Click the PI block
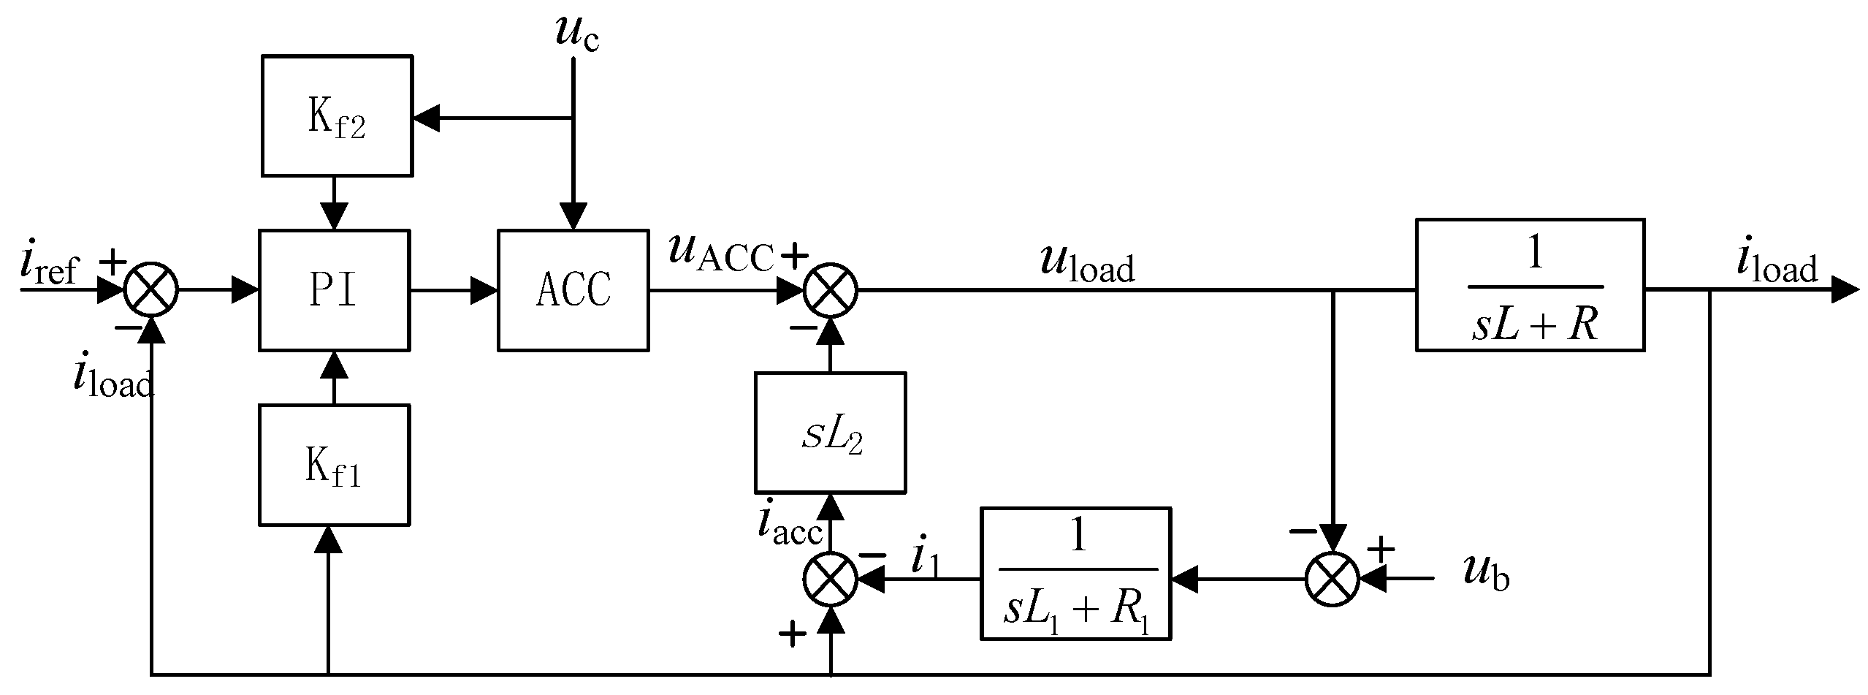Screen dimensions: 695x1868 pyautogui.click(x=334, y=290)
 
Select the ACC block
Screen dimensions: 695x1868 pyautogui.click(x=573, y=290)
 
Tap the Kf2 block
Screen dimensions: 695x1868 pyautogui.click(x=336, y=115)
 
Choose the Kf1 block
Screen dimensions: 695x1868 pyautogui.click(x=333, y=465)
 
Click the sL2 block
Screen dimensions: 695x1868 pyautogui.click(x=830, y=432)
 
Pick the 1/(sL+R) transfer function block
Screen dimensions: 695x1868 pyautogui.click(x=1530, y=284)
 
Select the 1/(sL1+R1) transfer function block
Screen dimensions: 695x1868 pyautogui.click(x=1075, y=574)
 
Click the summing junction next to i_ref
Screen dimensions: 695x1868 pyautogui.click(x=151, y=290)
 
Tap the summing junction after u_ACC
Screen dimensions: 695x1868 pyautogui.click(x=831, y=290)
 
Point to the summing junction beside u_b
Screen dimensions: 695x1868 pyautogui.click(x=1333, y=580)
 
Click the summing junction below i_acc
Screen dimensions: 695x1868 pyautogui.click(x=831, y=580)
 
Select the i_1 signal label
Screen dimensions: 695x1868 pyautogui.click(x=927, y=559)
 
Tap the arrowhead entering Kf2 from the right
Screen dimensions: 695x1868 pyautogui.click(x=426, y=117)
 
